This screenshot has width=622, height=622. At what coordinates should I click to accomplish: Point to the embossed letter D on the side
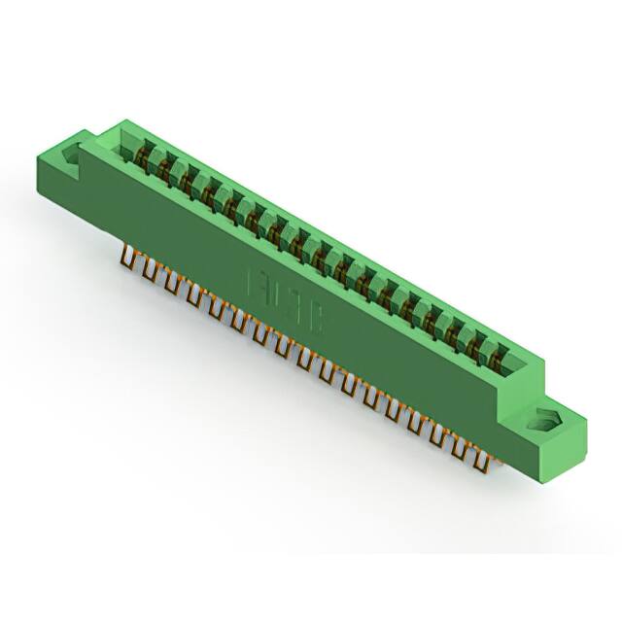click(276, 294)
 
